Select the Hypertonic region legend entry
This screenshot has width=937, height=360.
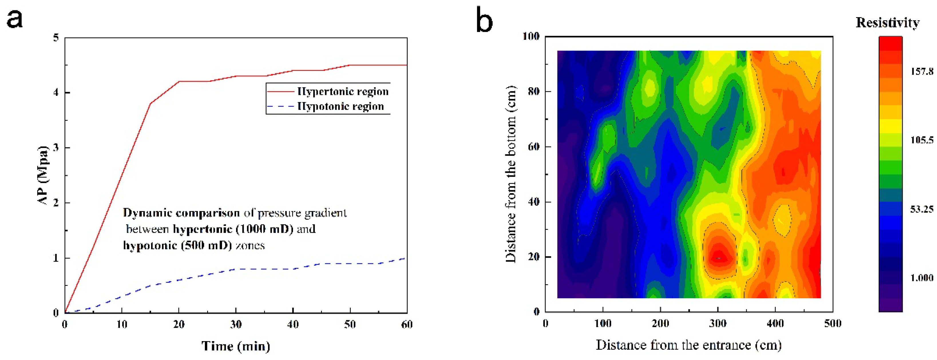pyautogui.click(x=343, y=91)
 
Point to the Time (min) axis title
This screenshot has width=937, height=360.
pyautogui.click(x=236, y=346)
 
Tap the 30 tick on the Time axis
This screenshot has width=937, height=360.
pyautogui.click(x=236, y=324)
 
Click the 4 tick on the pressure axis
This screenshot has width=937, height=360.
pyautogui.click(x=56, y=93)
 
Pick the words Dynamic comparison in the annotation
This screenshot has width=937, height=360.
pyautogui.click(x=181, y=213)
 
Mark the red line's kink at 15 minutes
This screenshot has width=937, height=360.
pyautogui.click(x=150, y=103)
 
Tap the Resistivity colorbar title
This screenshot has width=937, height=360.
pyautogui.click(x=887, y=23)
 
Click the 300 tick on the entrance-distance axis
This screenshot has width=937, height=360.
pyautogui.click(x=718, y=323)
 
